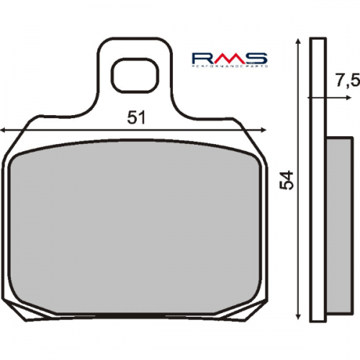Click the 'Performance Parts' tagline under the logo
click(x=230, y=67)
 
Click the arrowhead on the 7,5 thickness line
click(x=312, y=96)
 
